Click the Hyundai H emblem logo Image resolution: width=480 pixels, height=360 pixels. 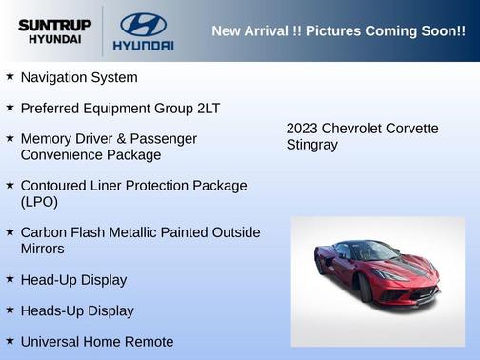pos(143,24)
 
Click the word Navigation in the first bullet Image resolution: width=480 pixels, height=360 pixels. pos(55,77)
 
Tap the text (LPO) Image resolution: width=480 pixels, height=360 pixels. pos(39,202)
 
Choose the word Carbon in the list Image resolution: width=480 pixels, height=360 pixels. pos(43,231)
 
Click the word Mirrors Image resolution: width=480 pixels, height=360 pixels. pos(42,249)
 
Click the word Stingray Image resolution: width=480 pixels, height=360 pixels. pos(311,145)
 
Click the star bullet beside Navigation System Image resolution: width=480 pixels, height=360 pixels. pos(10,76)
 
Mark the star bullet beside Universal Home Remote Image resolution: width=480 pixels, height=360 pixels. pos(10,340)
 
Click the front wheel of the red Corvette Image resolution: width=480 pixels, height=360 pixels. pos(365,289)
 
